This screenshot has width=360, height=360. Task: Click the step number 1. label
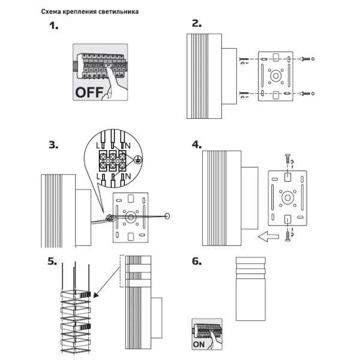click(55, 26)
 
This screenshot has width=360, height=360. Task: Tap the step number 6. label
click(196, 262)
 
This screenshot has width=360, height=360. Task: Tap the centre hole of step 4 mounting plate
click(287, 196)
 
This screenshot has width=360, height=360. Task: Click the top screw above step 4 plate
click(287, 159)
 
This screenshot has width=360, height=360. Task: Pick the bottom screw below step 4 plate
click(287, 235)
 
